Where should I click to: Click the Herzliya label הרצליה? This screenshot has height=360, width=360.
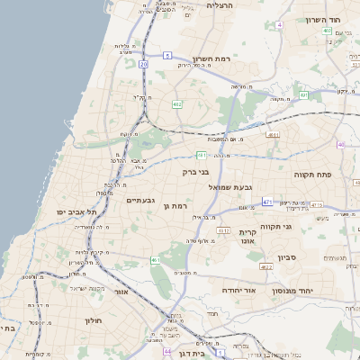point(220,5)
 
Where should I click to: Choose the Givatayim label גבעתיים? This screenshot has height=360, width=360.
point(141,200)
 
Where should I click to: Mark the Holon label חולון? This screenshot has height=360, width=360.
point(94,320)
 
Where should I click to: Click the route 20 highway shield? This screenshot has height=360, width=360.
point(144,64)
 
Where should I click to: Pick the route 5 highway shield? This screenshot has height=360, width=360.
point(167,56)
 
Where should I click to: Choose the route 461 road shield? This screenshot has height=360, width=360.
point(156,259)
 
